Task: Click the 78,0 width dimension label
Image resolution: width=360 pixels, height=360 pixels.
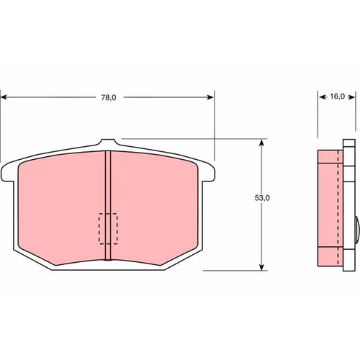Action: point(109,98)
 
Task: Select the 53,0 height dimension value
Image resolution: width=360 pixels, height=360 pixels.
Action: point(262,198)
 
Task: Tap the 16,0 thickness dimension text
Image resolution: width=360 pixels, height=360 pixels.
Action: point(337,96)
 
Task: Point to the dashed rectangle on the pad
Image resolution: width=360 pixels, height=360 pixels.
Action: point(108,229)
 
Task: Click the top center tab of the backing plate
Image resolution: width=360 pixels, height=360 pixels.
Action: point(109,142)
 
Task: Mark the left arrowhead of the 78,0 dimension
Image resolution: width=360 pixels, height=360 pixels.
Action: point(4,97)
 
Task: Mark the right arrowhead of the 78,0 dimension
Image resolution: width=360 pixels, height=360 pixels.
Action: point(210,97)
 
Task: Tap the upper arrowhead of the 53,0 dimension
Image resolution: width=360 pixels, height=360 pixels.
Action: point(262,143)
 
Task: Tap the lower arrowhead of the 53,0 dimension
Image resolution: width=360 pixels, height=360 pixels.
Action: point(262,266)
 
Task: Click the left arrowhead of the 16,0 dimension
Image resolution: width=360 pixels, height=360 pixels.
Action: point(323,97)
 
